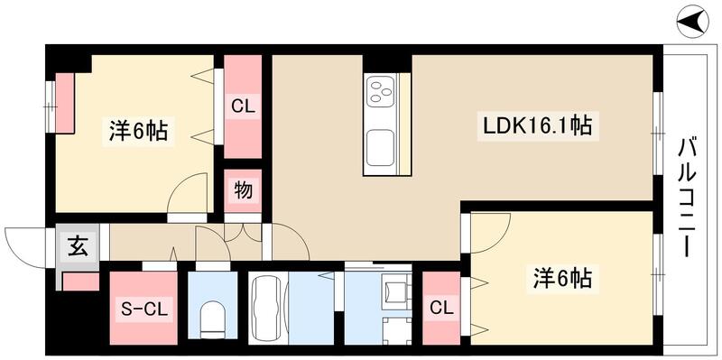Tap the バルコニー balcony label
tap(688, 195)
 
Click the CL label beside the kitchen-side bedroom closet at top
tap(243, 106)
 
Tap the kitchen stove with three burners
tap(381, 90)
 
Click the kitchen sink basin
tap(379, 144)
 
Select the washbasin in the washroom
tap(394, 291)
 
